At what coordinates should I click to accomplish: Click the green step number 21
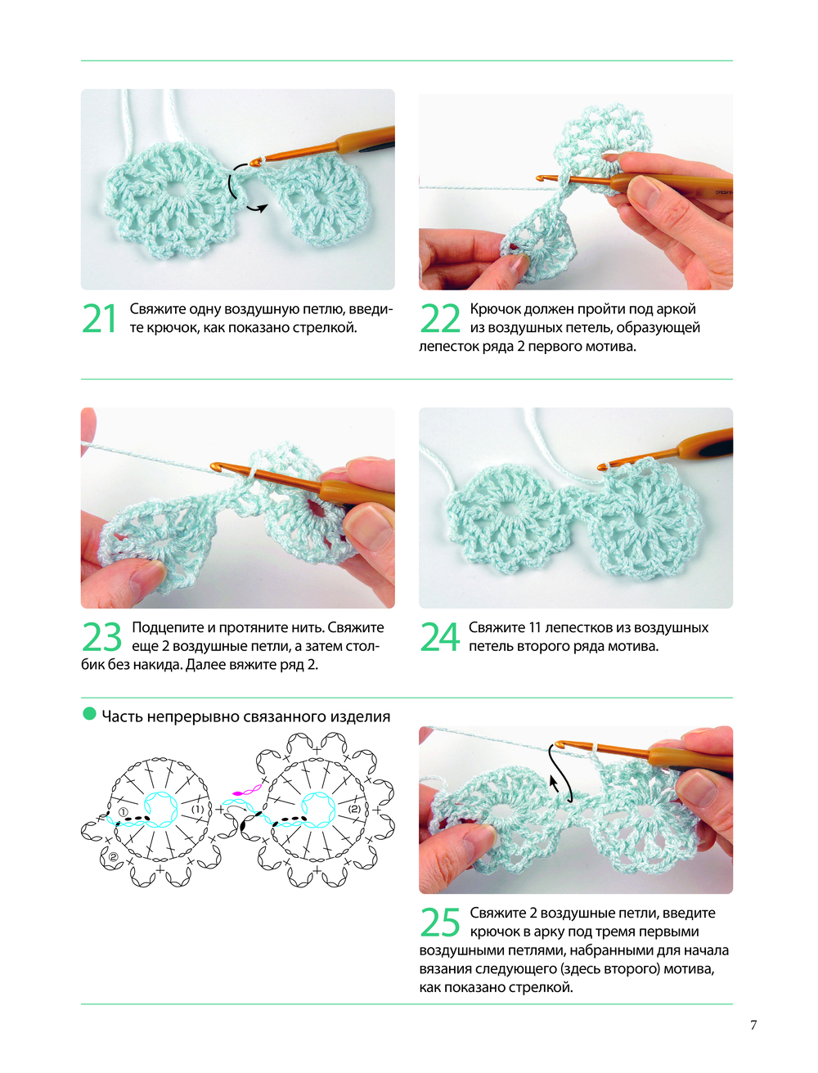(100, 319)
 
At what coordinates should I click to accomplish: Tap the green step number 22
(440, 319)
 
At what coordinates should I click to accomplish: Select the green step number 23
(101, 637)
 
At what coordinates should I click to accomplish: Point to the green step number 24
(440, 637)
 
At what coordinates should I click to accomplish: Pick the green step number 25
(440, 923)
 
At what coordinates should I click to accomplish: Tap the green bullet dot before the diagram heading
(89, 714)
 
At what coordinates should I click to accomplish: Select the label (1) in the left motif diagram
(197, 809)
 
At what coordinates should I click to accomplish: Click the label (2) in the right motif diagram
(354, 809)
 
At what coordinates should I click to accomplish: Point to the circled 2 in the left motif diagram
(112, 857)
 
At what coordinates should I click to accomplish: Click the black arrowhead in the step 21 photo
(263, 209)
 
